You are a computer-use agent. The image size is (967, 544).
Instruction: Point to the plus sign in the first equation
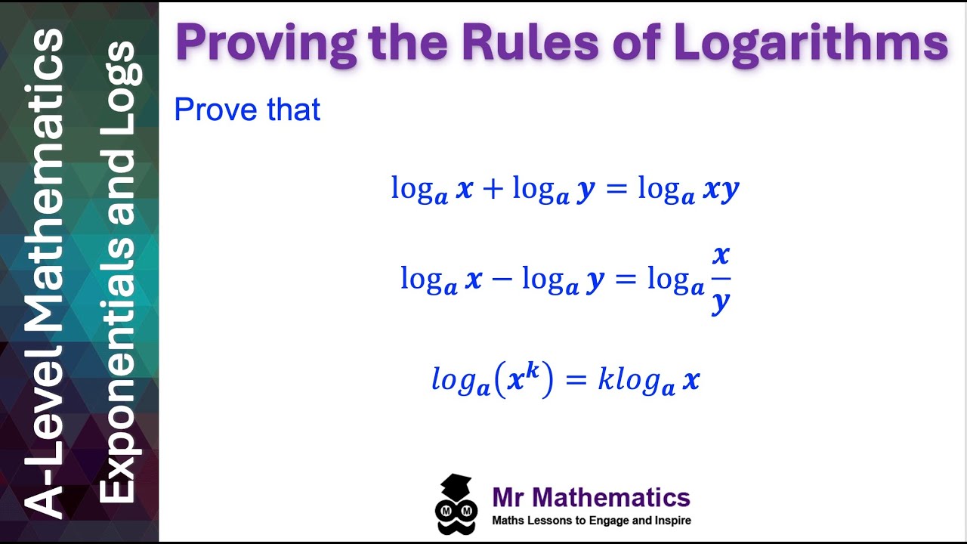coord(492,189)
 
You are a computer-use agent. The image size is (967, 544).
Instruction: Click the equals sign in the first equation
coord(616,189)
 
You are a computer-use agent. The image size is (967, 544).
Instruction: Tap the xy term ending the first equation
coord(721,190)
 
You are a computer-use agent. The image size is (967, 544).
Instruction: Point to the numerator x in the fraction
coord(721,255)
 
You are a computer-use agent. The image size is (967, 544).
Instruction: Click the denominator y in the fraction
coord(721,302)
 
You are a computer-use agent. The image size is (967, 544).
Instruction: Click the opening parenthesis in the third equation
coord(499,381)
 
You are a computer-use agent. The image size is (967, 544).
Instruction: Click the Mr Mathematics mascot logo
coord(456,505)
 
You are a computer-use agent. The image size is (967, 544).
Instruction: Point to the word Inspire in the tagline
coord(673,520)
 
